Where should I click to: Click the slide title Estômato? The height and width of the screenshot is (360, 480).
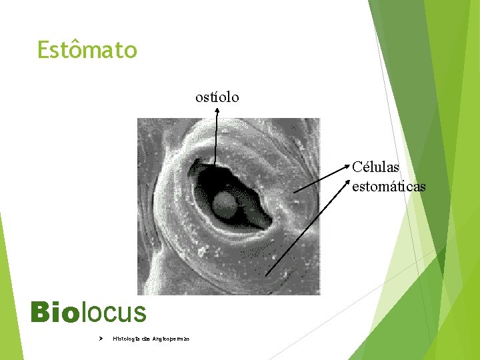[x=87, y=50]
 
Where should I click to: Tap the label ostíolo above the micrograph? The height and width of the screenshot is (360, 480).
[x=217, y=97]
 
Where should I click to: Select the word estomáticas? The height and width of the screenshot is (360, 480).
[x=388, y=186]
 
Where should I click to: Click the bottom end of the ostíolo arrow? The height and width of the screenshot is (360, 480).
[x=215, y=164]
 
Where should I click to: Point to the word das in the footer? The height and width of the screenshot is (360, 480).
[x=146, y=339]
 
